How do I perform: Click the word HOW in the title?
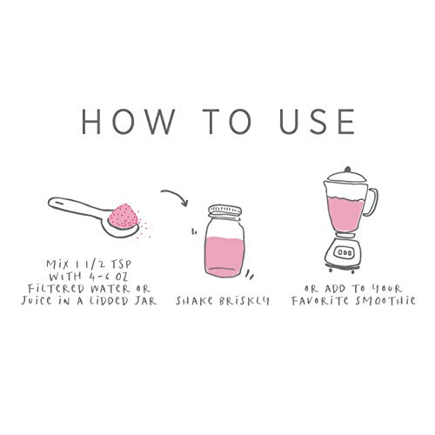coord(128,121)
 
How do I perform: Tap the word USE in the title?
coord(317,121)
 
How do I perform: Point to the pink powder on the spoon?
coord(124,217)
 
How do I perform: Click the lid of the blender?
coord(347,175)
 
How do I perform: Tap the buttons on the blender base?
coord(345,252)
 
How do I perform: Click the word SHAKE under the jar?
coord(195,300)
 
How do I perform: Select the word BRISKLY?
coord(244,300)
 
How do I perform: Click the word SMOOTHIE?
coord(385,300)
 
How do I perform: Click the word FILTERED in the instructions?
coord(57,288)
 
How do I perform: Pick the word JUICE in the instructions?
coord(37,300)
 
